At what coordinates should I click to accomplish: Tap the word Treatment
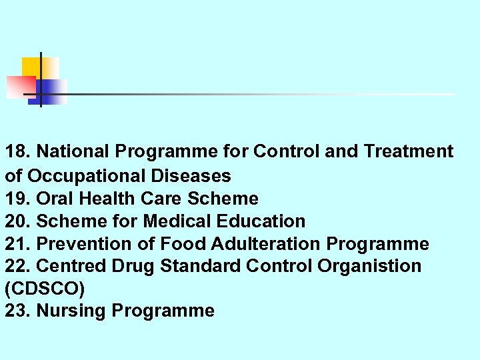[409, 152]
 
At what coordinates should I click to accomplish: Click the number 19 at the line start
[16, 199]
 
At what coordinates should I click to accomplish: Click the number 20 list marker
[16, 221]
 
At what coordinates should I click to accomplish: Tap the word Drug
[133, 266]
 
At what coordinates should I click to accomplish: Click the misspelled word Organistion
[369, 266]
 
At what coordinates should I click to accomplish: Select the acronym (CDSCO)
[44, 289]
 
